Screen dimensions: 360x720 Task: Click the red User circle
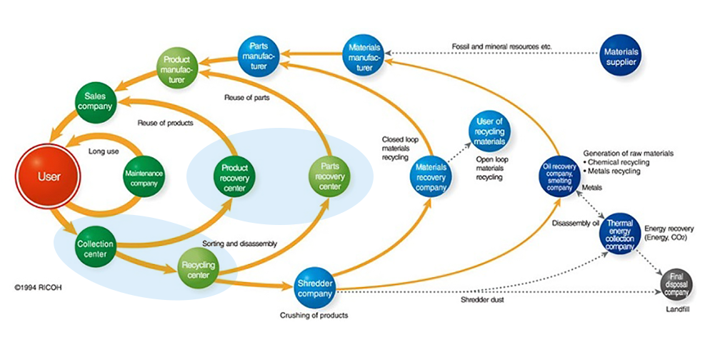tap(49, 176)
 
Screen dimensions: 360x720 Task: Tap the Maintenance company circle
tap(144, 176)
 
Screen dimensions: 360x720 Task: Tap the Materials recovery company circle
tap(431, 176)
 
